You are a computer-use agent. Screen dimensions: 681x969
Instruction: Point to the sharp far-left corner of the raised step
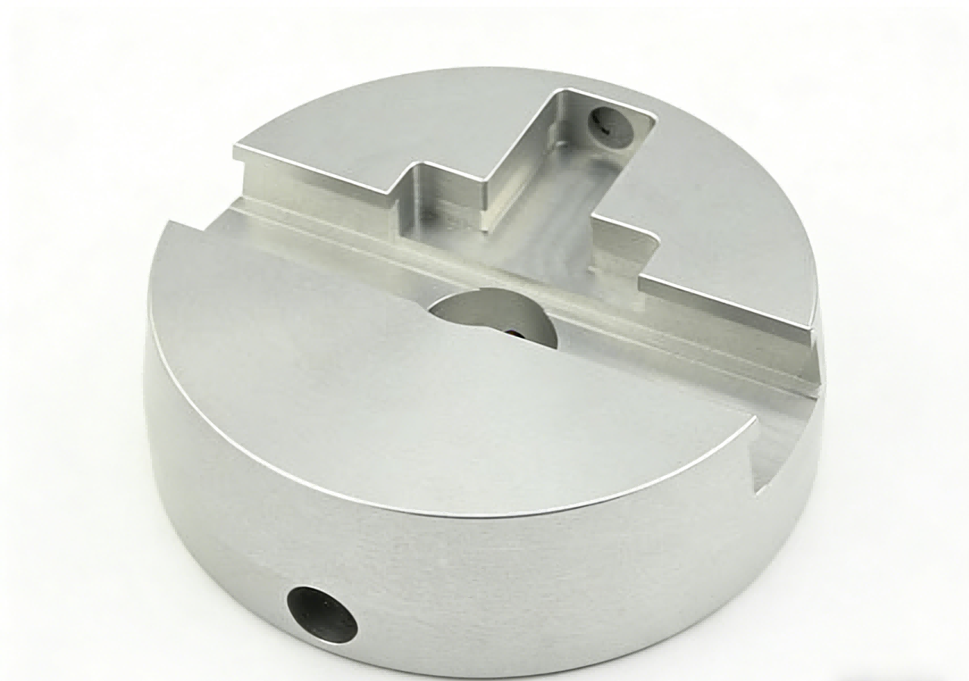coord(235,145)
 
